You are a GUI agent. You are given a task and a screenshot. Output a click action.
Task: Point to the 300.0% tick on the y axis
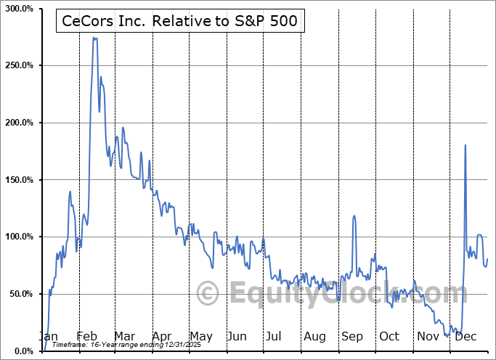(17, 8)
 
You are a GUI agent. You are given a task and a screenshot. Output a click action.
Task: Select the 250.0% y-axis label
(17, 65)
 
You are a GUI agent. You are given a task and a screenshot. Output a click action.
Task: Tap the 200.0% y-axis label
(17, 123)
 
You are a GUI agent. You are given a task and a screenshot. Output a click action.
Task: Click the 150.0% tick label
(17, 180)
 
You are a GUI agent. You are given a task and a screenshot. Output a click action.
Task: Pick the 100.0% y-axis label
(17, 237)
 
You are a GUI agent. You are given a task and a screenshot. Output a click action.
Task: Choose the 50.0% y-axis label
(20, 294)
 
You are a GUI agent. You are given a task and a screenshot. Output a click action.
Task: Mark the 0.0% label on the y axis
(22, 351)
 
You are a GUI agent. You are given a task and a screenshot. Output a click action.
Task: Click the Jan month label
(48, 336)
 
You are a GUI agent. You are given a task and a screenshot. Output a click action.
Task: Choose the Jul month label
(274, 336)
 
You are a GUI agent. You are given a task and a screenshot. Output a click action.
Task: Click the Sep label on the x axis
(352, 336)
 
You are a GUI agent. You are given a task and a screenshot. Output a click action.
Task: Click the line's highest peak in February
(94, 38)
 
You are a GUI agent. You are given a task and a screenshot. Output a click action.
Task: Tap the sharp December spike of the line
(465, 145)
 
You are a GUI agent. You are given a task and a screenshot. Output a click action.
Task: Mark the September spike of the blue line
(354, 216)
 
